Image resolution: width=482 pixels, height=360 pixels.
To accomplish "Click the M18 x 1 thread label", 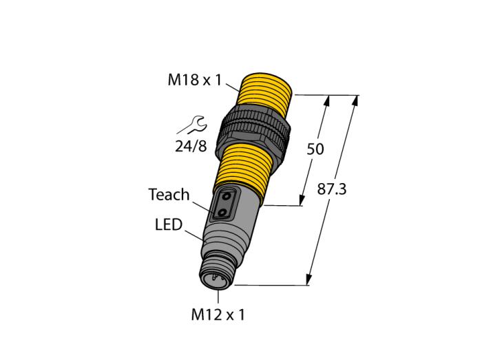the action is coord(195,80).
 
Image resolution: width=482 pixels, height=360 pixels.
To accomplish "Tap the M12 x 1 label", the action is coord(218,315).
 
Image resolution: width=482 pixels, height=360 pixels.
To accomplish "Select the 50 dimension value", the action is coord(315,149).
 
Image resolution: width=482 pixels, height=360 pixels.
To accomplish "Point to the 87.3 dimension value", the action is coord(332,189).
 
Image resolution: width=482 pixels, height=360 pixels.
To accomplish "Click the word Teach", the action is coord(169,194).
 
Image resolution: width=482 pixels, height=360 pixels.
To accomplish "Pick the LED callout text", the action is coord(169,224).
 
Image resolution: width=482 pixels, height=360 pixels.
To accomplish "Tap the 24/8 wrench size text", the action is coord(191,146).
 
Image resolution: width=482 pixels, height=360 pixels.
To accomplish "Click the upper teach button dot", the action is coord(227,195).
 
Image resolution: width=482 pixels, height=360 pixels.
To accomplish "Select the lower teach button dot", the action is coord(221,212).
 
